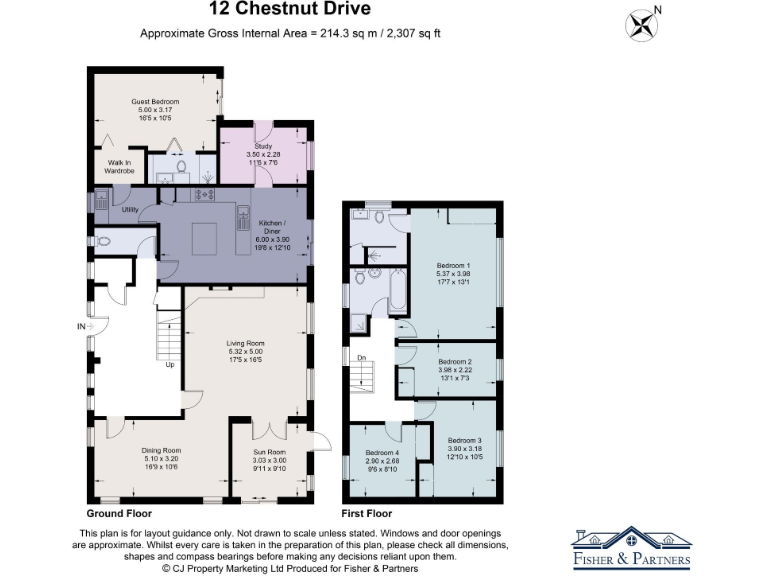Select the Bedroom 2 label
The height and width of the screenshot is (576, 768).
point(455,361)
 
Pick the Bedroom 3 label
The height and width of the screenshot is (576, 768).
point(464,441)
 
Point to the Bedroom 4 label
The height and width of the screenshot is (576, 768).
point(382,453)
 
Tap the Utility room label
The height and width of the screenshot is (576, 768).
point(129,209)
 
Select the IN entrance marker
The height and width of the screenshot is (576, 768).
point(80,326)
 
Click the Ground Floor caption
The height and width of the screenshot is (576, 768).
point(118,512)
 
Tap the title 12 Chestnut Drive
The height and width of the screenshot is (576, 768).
point(290,10)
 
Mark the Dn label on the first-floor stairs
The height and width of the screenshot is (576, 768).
point(362,356)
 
